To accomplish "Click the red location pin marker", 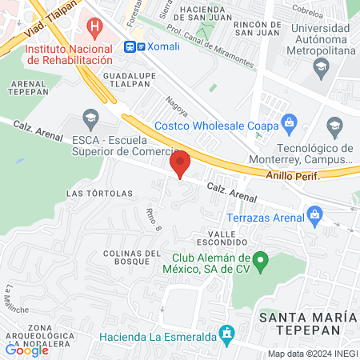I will point(181,162).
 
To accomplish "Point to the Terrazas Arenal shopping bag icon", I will point(314,214).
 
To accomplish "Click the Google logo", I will point(26,349).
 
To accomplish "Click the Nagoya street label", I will point(171,105).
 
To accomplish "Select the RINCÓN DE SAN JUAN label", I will point(257,29).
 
